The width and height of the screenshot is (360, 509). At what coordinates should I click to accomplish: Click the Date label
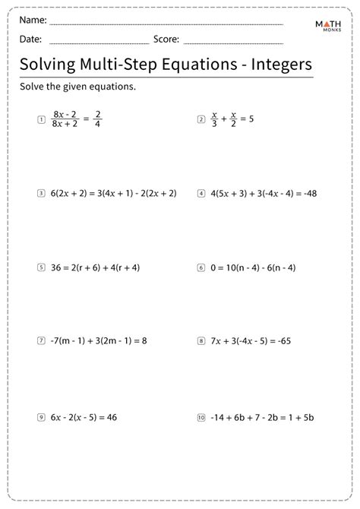(x=31, y=39)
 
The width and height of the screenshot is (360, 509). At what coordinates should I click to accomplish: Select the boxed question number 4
(x=201, y=194)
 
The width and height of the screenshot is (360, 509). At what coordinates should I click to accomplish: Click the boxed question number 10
(x=201, y=416)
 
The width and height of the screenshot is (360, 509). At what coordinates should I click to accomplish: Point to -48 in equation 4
(x=307, y=194)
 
